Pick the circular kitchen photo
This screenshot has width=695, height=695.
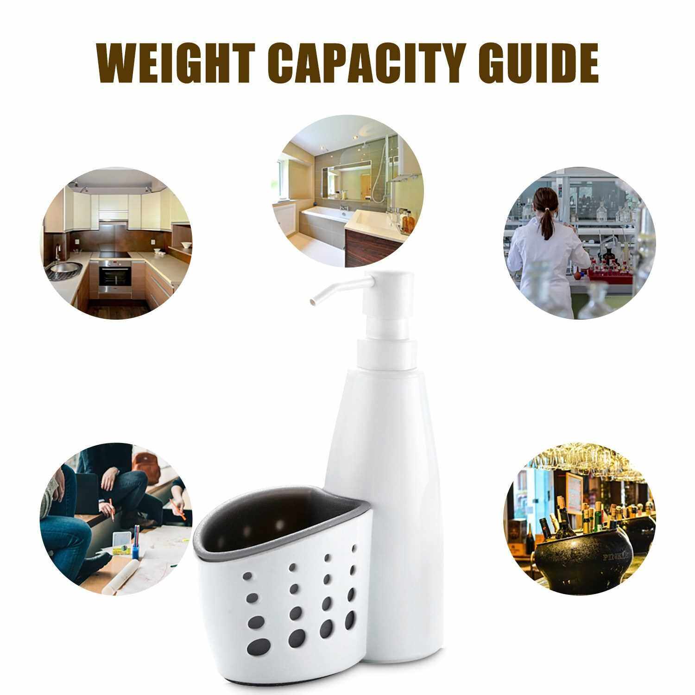tap(116, 244)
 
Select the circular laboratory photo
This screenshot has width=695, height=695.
tap(580, 244)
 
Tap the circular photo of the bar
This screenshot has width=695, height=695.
tap(580, 519)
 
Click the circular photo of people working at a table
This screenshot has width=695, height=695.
tap(116, 519)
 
